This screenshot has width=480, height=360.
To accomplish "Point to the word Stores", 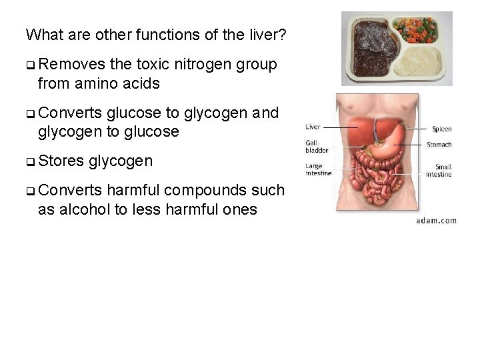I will point(59,161).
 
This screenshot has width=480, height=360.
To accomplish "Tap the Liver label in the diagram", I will point(312,127).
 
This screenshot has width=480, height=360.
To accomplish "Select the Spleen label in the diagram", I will point(441,129).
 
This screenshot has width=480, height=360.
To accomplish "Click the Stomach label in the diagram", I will point(439,144).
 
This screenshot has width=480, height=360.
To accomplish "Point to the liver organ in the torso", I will point(360,133).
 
